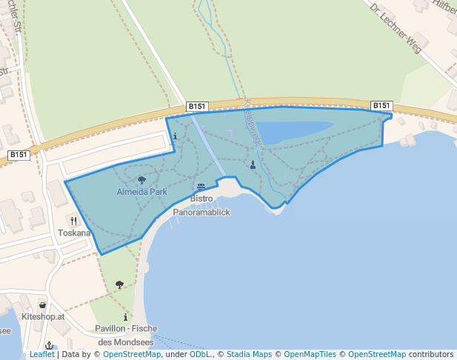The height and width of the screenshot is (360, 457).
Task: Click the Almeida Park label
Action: (141, 192)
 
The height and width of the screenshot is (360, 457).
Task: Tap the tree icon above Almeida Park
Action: (141, 180)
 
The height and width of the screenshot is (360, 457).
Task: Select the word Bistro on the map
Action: (201, 199)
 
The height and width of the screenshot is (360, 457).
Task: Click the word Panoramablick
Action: (201, 212)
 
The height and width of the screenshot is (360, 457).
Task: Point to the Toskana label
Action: (74, 232)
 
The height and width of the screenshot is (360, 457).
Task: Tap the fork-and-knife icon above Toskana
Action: (73, 220)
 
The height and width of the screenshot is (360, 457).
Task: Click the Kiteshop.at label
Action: (44, 316)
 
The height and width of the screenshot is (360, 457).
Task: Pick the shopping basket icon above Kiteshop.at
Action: (42, 304)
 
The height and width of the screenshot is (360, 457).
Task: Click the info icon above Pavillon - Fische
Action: (125, 317)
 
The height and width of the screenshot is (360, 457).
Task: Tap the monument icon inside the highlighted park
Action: (253, 164)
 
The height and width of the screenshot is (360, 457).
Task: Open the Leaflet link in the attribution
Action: (41, 355)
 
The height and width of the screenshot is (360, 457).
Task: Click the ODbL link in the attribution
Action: (200, 355)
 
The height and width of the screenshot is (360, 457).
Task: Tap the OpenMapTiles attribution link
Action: (310, 355)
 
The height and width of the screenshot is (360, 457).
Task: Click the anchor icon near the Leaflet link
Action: (50, 346)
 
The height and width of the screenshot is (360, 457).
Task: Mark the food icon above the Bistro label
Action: (201, 187)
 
